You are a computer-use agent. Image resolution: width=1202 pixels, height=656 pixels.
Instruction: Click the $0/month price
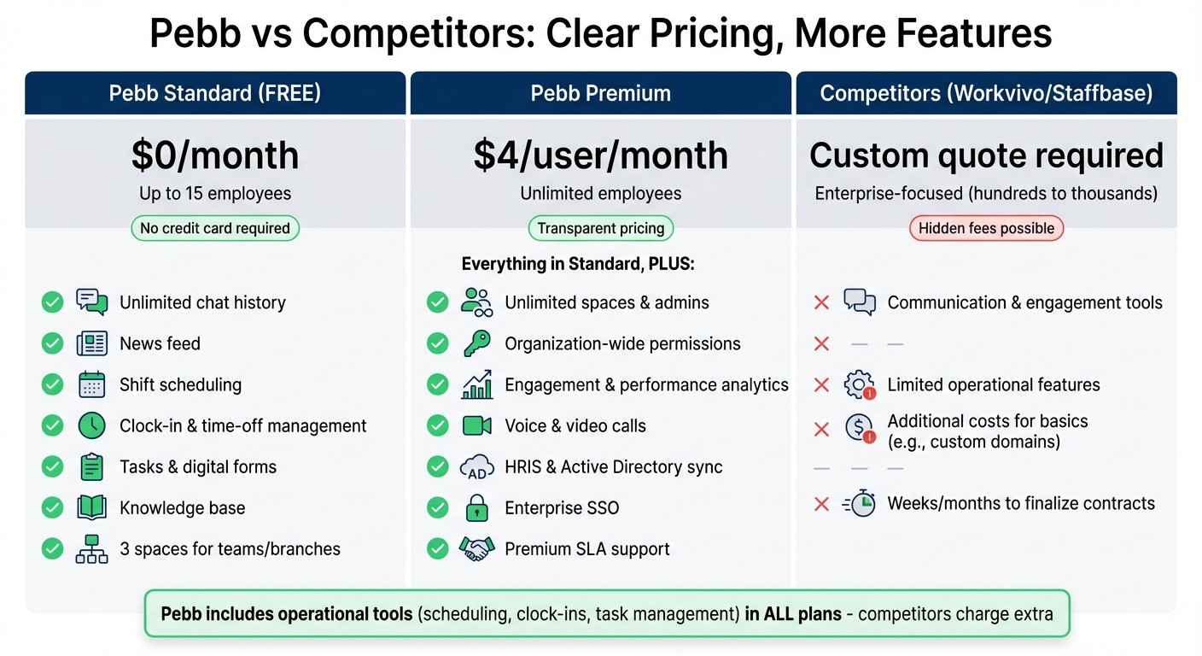[x=215, y=155]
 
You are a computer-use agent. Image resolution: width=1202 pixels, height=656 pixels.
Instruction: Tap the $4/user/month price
[x=601, y=155]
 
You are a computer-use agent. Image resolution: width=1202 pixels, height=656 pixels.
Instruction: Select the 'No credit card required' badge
[x=215, y=228]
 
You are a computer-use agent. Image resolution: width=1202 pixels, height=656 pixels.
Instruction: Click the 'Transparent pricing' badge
[x=601, y=228]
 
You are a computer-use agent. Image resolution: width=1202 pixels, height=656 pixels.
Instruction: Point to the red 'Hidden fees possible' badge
[x=986, y=228]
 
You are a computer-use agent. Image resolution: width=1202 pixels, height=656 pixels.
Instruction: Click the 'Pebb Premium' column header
[x=601, y=93]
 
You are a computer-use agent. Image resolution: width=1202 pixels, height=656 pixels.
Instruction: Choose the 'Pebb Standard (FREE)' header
[x=215, y=93]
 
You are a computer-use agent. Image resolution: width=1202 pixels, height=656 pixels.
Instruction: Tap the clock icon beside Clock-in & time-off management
[x=91, y=425]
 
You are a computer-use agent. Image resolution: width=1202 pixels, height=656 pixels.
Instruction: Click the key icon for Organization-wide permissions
[x=476, y=343]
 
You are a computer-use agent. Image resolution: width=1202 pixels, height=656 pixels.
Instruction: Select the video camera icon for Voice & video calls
[x=476, y=425]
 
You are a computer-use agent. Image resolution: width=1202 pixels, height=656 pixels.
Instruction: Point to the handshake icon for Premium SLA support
[x=476, y=548]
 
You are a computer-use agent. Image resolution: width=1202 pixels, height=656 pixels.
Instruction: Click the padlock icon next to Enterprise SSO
[x=476, y=508]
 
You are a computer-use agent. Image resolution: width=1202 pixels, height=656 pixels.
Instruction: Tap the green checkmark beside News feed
[x=53, y=343]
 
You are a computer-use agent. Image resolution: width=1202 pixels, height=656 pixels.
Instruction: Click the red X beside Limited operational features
[x=821, y=384]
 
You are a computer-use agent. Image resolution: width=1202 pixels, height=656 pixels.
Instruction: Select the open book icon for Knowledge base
[x=91, y=507]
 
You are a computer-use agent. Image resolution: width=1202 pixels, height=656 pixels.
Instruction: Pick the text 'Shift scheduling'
[x=180, y=384]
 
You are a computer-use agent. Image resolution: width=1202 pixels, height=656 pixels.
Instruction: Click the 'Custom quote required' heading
[x=986, y=155]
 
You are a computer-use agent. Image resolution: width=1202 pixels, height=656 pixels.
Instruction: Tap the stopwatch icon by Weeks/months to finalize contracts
[x=860, y=504]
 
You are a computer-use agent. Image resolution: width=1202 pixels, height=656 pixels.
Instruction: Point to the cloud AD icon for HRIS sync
[x=476, y=467]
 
